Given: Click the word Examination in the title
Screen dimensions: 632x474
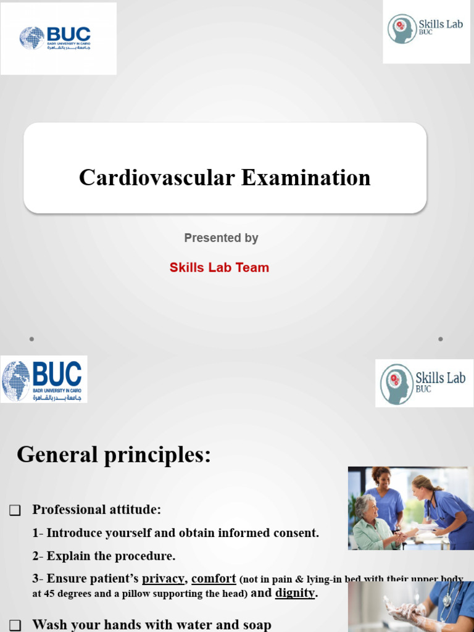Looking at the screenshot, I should [x=306, y=178].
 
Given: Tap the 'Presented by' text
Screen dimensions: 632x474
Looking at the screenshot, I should [x=221, y=238].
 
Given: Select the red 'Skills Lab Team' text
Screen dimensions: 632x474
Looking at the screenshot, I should [x=219, y=268].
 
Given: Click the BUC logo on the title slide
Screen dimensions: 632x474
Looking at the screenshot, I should [x=58, y=38].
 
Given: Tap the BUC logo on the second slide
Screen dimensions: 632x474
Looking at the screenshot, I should [x=43, y=379].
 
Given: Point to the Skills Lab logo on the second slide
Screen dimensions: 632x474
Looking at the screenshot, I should [x=424, y=383].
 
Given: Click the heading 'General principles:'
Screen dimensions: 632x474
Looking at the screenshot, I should [x=114, y=455].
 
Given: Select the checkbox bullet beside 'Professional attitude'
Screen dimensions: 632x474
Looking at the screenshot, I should [x=15, y=510].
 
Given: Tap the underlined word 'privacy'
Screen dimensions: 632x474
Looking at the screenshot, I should [x=163, y=578].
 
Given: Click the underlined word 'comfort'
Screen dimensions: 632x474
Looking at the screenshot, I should [x=214, y=578].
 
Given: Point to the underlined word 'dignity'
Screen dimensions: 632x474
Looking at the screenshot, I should [x=295, y=593].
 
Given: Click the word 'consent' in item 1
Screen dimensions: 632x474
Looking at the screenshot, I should [x=298, y=533].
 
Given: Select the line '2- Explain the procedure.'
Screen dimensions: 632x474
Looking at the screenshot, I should [x=104, y=555].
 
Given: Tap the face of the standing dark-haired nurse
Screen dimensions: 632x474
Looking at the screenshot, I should [x=383, y=478].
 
